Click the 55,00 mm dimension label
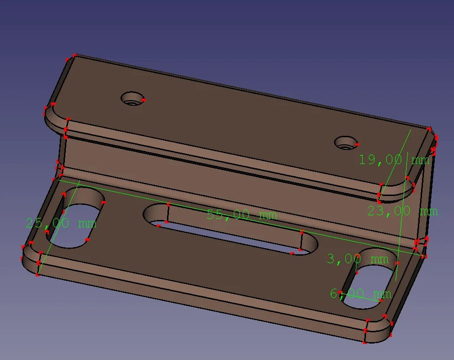242,215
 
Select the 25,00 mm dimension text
61,223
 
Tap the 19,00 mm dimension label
394,160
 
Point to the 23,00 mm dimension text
403,211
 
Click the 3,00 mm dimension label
358,259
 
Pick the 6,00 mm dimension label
361,294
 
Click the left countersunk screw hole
133,99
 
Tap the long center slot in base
230,229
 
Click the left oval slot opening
75,218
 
